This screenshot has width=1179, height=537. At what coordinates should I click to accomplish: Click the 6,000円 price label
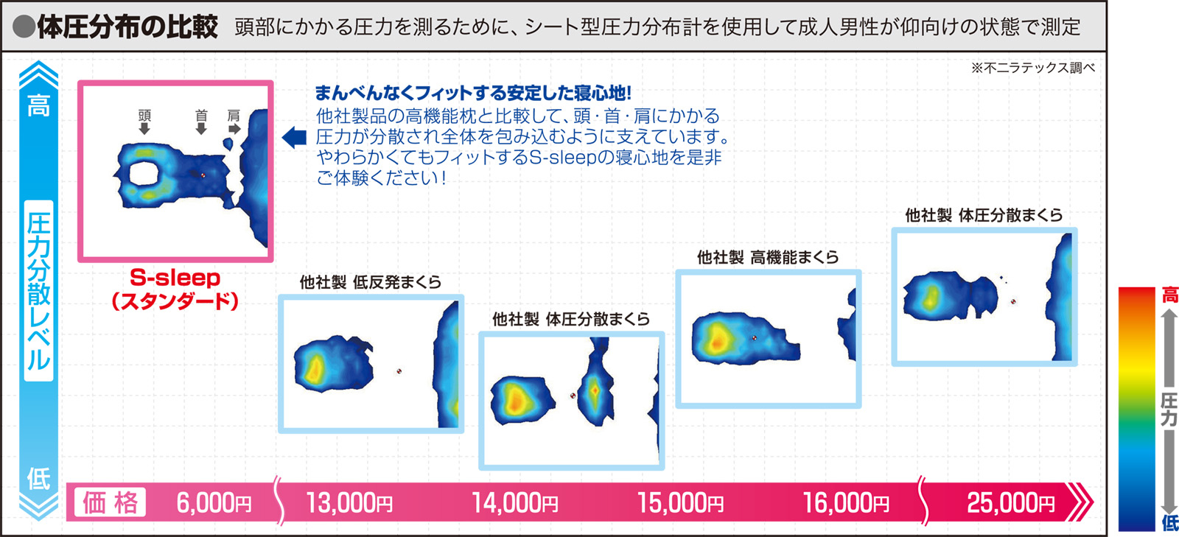[x=214, y=503]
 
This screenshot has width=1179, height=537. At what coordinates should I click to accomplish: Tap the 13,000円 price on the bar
[x=349, y=503]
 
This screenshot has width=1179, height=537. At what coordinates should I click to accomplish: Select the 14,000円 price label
[x=515, y=503]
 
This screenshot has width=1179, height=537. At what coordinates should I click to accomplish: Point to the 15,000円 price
[x=680, y=503]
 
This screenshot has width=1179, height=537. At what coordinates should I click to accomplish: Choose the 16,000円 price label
[x=846, y=503]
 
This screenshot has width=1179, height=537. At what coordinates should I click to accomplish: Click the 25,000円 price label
[x=1010, y=503]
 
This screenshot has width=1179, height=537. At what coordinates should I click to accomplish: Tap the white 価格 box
[x=110, y=502]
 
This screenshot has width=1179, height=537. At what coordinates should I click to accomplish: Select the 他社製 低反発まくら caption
[x=371, y=282]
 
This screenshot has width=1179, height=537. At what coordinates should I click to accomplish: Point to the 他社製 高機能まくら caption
[x=768, y=257]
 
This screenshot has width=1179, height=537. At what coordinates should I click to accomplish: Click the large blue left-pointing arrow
[x=294, y=137]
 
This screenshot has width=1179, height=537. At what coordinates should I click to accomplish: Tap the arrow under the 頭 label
[x=144, y=128]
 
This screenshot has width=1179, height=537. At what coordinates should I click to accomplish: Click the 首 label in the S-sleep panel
[x=201, y=115]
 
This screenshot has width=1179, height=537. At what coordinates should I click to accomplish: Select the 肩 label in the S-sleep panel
[x=233, y=115]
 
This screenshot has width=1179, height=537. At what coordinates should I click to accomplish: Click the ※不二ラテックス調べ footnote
[x=1032, y=68]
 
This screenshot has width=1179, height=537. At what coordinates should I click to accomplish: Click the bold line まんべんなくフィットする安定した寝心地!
[x=472, y=93]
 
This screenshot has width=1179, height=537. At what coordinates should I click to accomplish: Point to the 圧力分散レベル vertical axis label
[x=38, y=291]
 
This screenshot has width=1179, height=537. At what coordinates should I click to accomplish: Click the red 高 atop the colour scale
[x=1169, y=295]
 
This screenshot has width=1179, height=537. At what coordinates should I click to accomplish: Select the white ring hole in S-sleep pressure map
[x=143, y=173]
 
